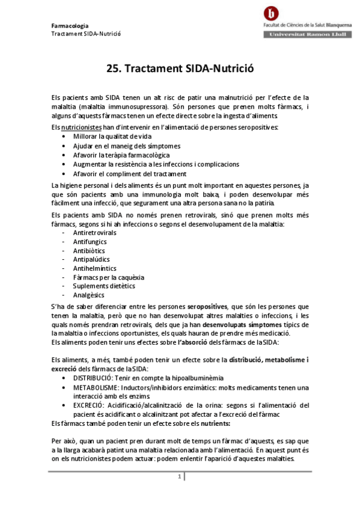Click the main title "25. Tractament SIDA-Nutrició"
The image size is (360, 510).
pos(180,69)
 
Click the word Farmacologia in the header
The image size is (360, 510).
pos(70,26)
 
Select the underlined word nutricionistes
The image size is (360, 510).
pos(81,127)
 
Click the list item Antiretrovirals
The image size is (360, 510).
pos(94,232)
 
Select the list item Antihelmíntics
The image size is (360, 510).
pos(94,268)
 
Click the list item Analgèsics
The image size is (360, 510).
pos(88,295)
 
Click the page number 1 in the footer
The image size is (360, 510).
pos(179,477)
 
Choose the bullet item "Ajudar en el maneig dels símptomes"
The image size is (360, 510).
pos(127,146)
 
